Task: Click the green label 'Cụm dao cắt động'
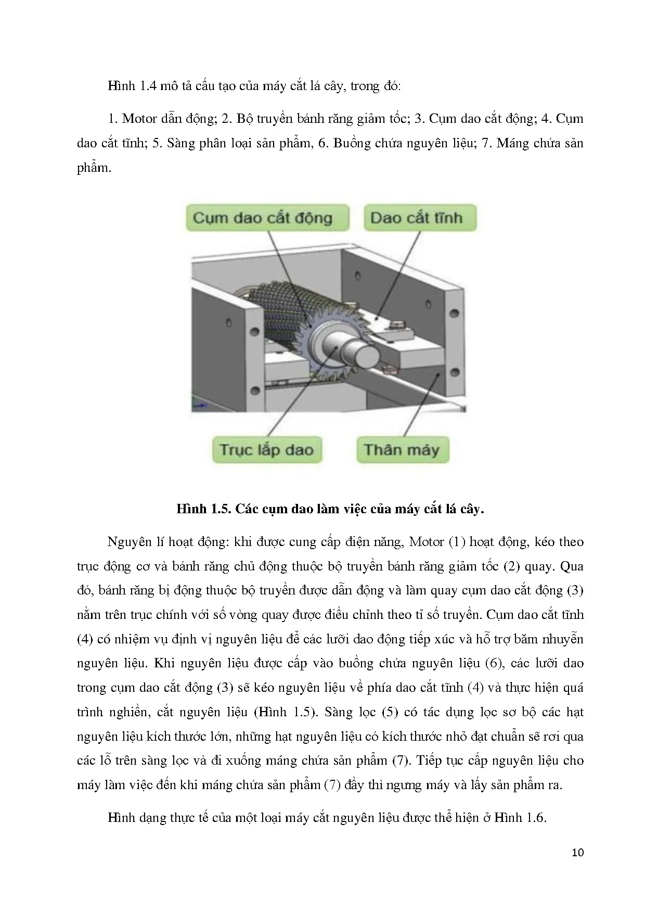263,218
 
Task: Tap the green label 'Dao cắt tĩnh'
416,218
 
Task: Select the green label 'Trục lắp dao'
266,450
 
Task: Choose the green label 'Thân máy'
402,450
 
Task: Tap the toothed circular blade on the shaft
312,364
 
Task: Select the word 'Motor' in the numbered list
139,119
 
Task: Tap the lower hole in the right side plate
454,372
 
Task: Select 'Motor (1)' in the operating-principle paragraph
436,542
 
